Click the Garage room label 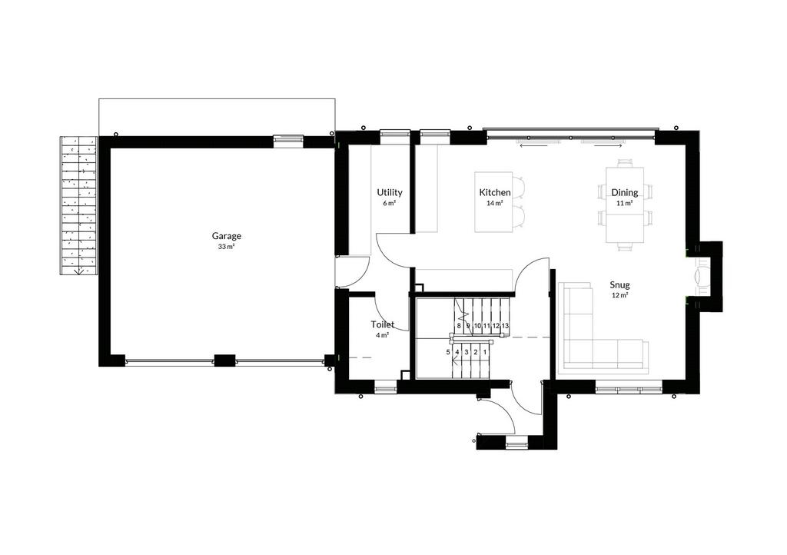click(x=227, y=236)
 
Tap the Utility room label click(x=390, y=192)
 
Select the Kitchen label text click(x=495, y=192)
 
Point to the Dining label click(x=624, y=192)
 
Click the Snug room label click(x=620, y=285)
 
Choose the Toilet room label click(x=383, y=324)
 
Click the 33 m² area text click(x=227, y=247)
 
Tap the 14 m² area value click(x=495, y=203)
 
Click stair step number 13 click(x=505, y=326)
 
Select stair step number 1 click(x=485, y=352)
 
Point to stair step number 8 click(x=458, y=326)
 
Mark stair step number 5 click(x=448, y=352)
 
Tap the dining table click(x=625, y=205)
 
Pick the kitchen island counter click(x=494, y=202)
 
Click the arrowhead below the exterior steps click(x=79, y=272)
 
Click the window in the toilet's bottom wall click(x=386, y=387)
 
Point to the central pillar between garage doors click(x=225, y=361)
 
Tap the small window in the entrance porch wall click(x=517, y=443)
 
